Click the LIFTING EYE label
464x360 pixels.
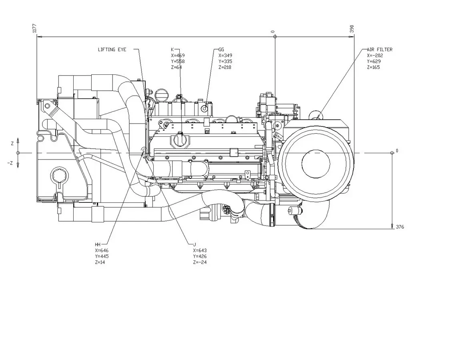112,50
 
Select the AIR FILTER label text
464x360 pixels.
380,50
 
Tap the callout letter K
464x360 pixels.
173,50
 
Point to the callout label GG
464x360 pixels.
221,50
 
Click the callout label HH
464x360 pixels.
98,244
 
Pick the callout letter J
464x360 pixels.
194,244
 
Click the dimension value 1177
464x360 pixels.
34,28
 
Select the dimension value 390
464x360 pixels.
352,29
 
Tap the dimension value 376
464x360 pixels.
400,227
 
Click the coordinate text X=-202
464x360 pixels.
375,56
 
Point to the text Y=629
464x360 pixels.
374,62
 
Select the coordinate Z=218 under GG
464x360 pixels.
225,68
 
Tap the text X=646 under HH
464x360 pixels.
102,250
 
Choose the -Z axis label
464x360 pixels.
10,163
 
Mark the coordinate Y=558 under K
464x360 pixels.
178,62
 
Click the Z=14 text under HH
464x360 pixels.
100,262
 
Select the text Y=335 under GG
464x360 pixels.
225,62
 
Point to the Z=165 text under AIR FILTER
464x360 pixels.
374,68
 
